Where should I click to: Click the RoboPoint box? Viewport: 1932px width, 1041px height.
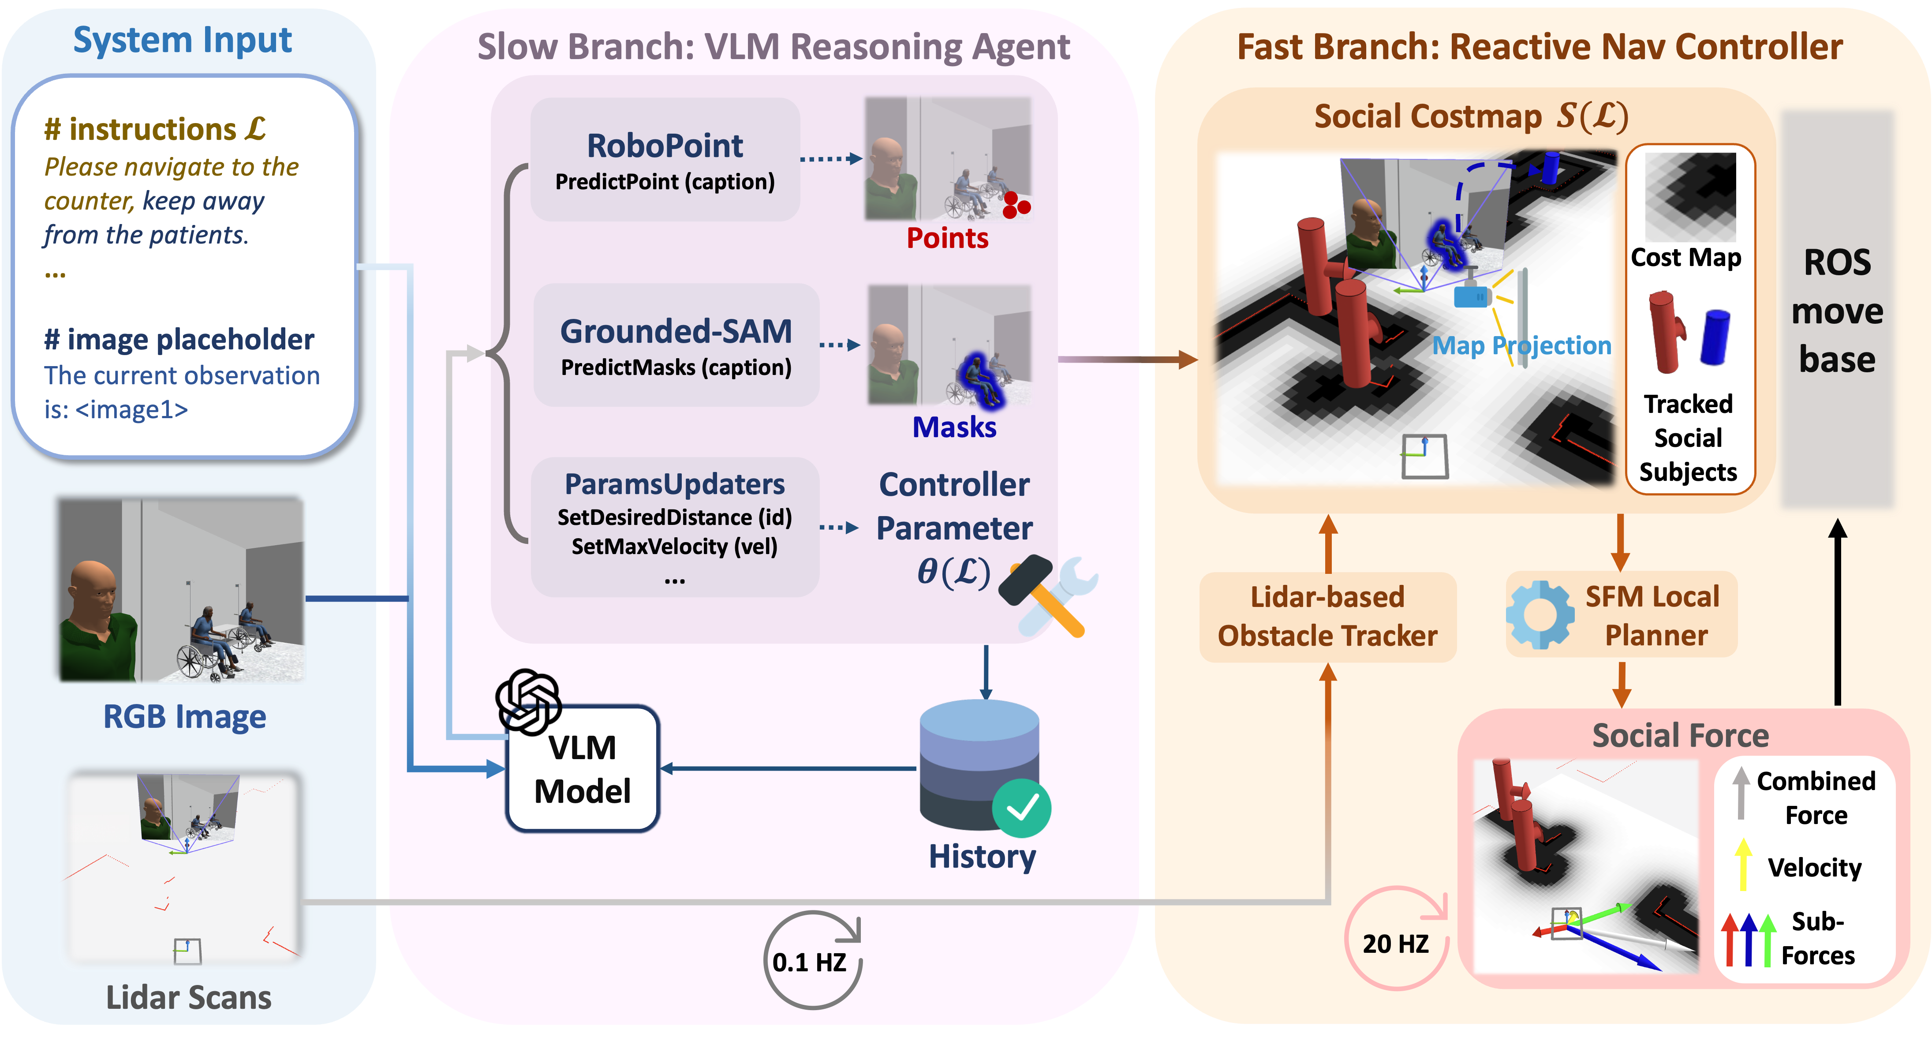coord(665,160)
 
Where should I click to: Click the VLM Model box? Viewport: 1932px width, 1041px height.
coord(583,769)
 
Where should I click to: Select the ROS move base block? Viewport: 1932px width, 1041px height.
coord(1838,310)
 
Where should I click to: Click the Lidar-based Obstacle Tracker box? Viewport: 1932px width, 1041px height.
coord(1327,617)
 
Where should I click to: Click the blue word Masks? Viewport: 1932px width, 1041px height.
coord(954,427)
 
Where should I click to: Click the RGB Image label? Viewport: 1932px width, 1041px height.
coord(184,716)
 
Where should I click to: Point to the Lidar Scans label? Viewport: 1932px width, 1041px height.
coord(188,997)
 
